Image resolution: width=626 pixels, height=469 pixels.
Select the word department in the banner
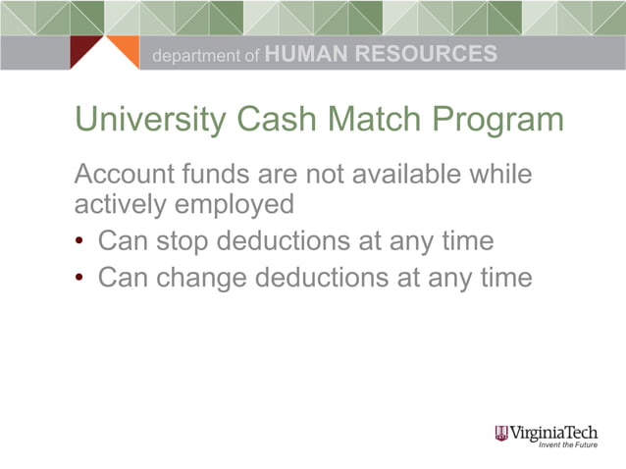193,57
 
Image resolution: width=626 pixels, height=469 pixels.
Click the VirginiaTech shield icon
502,433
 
